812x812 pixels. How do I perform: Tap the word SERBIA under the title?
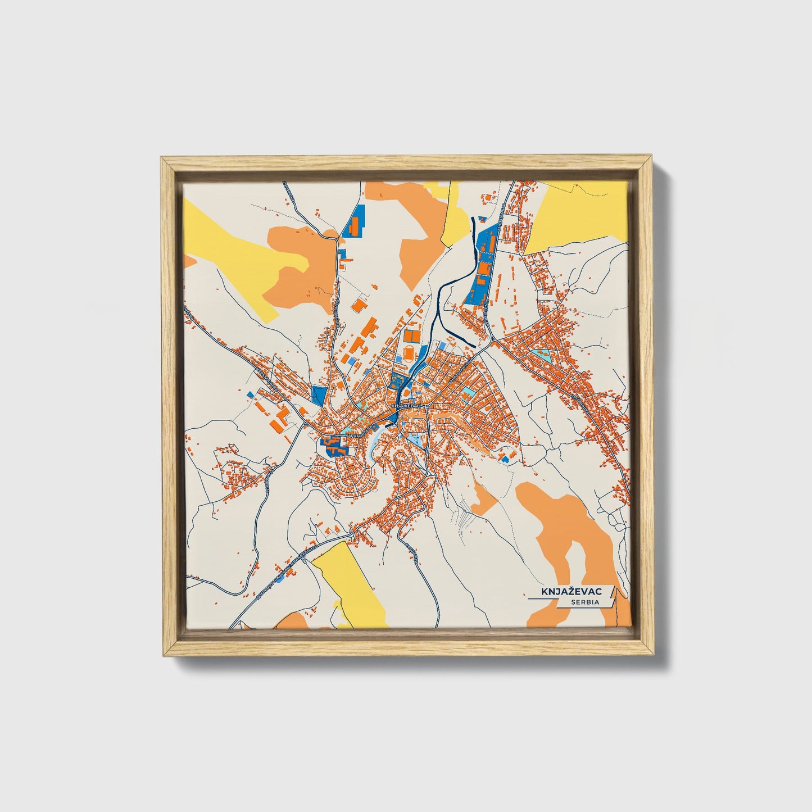[584, 602]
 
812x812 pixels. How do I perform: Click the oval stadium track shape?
[409, 354]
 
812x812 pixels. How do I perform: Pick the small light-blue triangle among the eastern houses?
[543, 355]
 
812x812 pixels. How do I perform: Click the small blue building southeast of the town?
[505, 459]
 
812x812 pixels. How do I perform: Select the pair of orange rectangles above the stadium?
[412, 335]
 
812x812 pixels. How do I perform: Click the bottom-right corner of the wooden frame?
[651, 654]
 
